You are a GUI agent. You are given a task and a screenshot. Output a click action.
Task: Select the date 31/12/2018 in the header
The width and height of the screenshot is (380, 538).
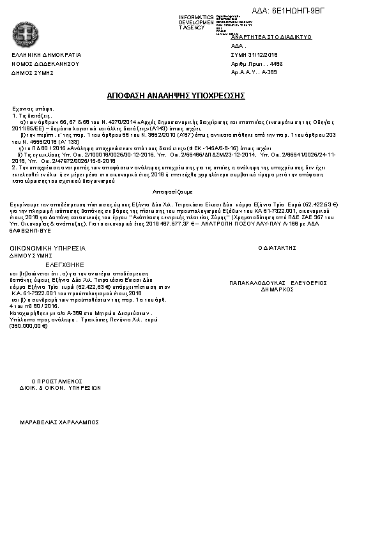[x=262, y=56]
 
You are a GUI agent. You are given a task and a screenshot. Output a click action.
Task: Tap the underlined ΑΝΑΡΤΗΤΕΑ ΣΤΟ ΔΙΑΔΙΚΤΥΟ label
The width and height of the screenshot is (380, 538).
[x=271, y=38]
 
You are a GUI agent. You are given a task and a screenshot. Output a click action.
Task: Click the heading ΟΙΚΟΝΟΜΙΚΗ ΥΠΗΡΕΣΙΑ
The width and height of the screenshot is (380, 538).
[x=47, y=247]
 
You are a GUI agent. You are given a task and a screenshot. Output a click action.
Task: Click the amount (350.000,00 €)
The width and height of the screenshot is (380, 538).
[x=29, y=326]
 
